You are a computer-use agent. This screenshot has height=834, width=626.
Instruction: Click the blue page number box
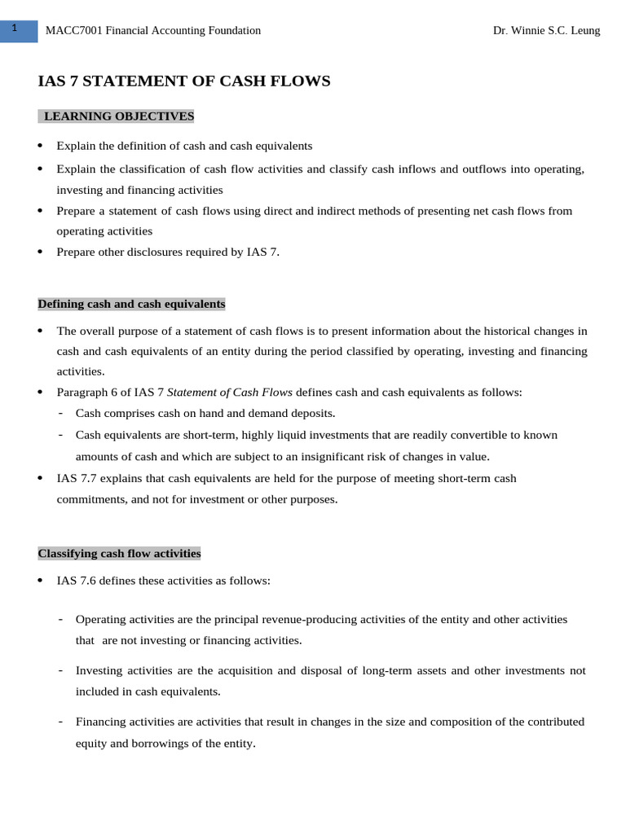coord(19,30)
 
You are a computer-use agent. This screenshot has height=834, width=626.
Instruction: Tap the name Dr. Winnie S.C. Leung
coord(546,31)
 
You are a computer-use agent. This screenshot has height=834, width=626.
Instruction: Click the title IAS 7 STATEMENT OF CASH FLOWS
coord(184,81)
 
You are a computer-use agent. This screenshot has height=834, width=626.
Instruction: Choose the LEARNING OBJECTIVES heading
coord(118,116)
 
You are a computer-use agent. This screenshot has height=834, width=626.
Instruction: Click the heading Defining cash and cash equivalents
coord(131,304)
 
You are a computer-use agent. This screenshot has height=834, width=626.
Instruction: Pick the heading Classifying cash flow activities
coord(119,554)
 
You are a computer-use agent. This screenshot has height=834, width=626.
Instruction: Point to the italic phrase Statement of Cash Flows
coord(229,393)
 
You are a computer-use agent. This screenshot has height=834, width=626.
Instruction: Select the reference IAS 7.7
coord(76,478)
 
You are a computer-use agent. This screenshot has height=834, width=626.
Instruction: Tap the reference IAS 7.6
coord(76,582)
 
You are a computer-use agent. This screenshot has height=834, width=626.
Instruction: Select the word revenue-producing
coord(311,619)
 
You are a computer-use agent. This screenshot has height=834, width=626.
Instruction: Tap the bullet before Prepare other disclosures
coord(41,252)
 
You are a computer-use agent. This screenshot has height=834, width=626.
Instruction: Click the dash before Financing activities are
coord(61,722)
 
